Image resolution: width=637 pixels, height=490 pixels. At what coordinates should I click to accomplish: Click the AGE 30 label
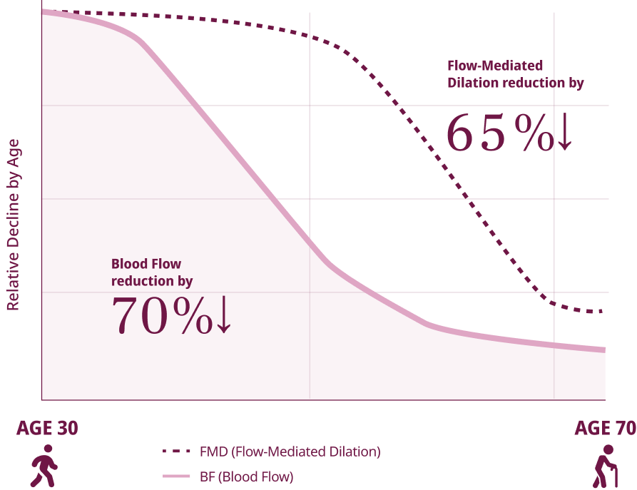[x=47, y=428]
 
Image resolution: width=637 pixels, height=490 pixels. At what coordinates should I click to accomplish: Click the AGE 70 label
[x=605, y=428]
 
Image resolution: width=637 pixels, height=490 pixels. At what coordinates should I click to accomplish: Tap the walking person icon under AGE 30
[x=44, y=466]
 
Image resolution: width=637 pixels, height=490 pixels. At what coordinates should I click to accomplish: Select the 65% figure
[x=499, y=135]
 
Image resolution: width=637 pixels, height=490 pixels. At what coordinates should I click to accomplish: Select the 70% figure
[x=163, y=316]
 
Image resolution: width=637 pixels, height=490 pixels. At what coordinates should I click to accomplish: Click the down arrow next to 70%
[x=223, y=316]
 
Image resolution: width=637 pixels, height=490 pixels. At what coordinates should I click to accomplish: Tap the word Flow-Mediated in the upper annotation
[x=495, y=66]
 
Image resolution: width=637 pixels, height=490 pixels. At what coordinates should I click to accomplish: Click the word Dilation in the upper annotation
[x=472, y=83]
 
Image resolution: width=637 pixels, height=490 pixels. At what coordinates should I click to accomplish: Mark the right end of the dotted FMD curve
[x=603, y=312]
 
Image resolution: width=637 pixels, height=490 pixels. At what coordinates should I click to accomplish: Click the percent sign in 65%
[x=535, y=135]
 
